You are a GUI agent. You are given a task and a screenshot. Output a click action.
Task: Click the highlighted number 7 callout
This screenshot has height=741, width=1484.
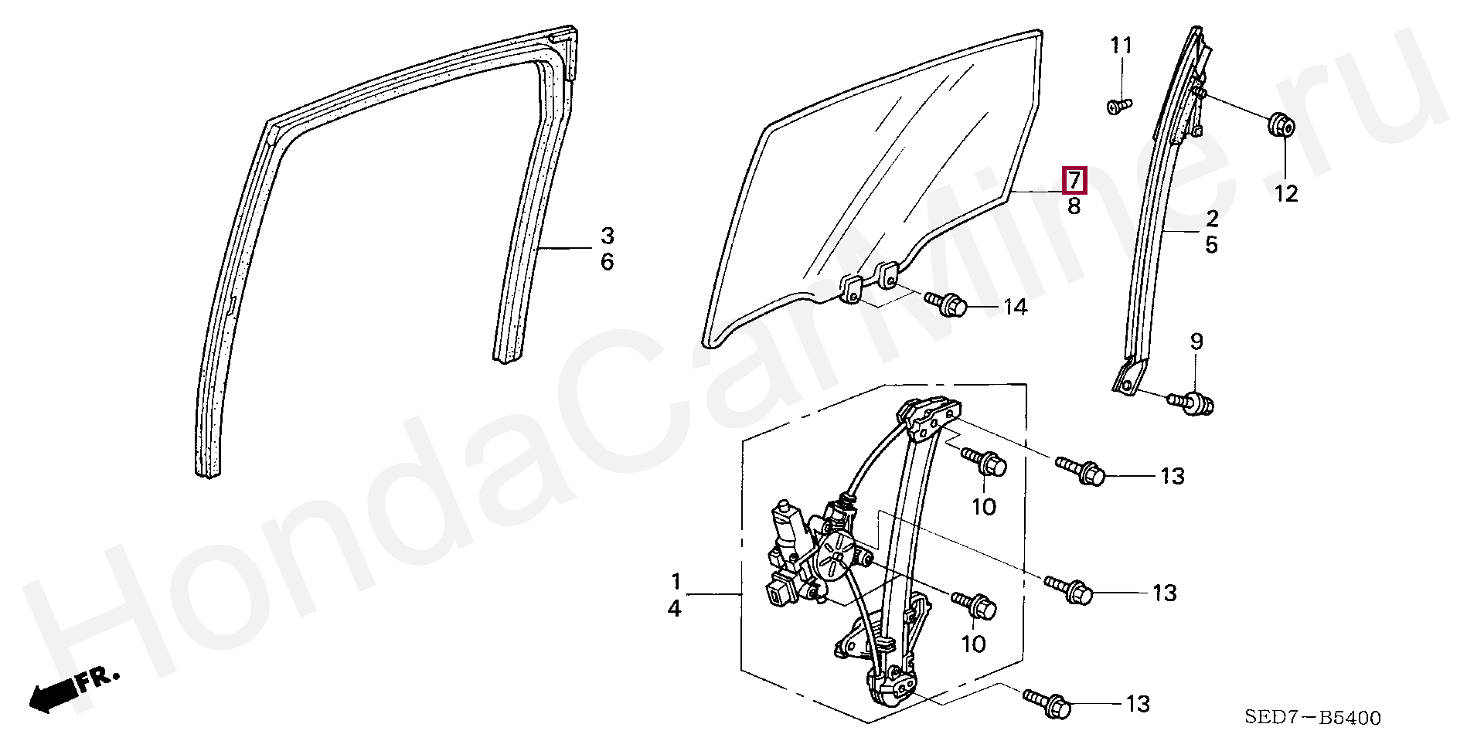coord(1074,181)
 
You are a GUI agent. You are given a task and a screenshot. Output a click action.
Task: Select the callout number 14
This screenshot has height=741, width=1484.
coord(1015,308)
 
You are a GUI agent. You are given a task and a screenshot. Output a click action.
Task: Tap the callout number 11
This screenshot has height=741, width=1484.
coord(1121,46)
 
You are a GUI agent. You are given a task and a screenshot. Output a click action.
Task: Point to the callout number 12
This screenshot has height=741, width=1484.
coord(1285,193)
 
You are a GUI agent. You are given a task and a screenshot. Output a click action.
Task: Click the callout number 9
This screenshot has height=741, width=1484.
coord(1196,341)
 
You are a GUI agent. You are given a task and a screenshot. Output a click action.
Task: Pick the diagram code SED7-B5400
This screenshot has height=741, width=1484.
coord(1312,718)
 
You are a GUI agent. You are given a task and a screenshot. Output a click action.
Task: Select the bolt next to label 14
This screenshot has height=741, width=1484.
coord(946,304)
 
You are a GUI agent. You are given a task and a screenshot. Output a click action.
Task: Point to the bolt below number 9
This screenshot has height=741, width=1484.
coord(1191,403)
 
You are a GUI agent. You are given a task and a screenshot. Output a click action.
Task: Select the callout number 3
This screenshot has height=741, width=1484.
coord(607,236)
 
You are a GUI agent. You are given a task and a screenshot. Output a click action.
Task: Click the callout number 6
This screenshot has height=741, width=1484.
coord(607,262)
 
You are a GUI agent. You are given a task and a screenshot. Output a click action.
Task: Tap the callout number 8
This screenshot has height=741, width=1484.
coord(1074,206)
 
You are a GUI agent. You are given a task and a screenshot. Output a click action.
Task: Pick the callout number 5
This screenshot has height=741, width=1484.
coord(1211,245)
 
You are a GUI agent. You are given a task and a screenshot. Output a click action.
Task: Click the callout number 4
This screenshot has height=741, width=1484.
coord(675,609)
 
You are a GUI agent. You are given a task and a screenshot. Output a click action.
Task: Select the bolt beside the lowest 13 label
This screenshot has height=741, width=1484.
coord(1047,703)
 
